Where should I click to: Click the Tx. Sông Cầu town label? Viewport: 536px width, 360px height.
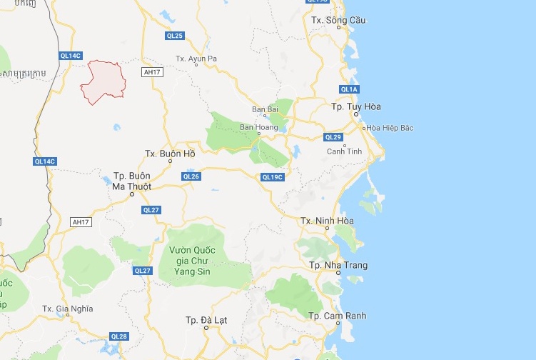[x=338, y=20]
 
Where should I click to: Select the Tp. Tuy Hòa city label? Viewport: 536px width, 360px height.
[x=356, y=106]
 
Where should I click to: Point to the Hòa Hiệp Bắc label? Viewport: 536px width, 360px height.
[x=390, y=128]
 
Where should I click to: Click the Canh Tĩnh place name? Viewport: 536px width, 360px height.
[x=345, y=151]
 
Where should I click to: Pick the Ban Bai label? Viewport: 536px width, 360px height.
[x=265, y=109]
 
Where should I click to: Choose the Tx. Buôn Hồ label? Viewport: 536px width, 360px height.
[x=169, y=154]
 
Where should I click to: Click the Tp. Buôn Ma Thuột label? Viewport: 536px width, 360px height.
[x=132, y=181]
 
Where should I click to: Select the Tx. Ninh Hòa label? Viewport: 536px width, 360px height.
[x=327, y=221]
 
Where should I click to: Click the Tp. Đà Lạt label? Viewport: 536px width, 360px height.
[x=206, y=319]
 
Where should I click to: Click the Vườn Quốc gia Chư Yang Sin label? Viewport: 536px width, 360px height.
[x=191, y=261]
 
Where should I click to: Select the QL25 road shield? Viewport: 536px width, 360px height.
[x=175, y=36]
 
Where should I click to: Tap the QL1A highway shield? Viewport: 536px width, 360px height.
[x=349, y=89]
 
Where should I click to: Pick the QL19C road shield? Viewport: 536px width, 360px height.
[x=273, y=177]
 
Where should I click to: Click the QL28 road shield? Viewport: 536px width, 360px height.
[x=119, y=336]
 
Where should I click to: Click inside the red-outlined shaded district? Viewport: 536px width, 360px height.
[x=103, y=80]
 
